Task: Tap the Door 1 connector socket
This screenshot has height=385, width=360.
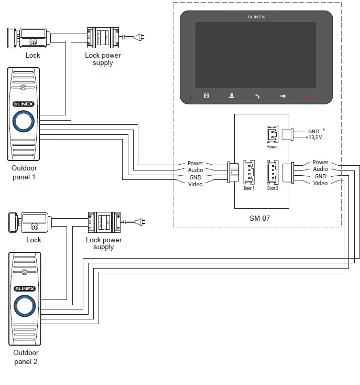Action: (248, 170)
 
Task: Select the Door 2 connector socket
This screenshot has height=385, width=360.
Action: (272, 170)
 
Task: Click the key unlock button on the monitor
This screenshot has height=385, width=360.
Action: (283, 96)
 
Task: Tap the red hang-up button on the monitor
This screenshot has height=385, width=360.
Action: (309, 96)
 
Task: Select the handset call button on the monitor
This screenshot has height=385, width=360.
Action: (257, 96)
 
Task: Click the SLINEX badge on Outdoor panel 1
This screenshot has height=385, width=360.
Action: (24, 104)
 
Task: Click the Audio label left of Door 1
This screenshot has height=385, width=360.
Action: (195, 170)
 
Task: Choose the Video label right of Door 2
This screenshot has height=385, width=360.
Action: (320, 183)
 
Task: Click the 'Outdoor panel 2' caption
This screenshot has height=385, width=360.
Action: (26, 357)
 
